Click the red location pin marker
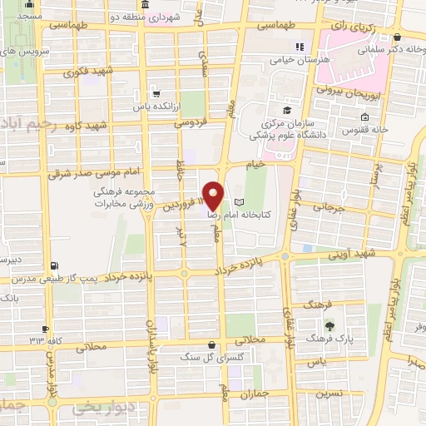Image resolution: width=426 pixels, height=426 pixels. (215, 196)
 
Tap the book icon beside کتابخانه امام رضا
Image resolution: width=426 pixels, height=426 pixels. (240, 202)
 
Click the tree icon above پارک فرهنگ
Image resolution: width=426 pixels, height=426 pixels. (331, 325)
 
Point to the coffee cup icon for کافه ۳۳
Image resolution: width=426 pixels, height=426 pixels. (46, 329)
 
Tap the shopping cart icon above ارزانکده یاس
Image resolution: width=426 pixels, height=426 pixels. (153, 94)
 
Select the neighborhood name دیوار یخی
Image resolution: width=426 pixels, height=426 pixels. (100, 408)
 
